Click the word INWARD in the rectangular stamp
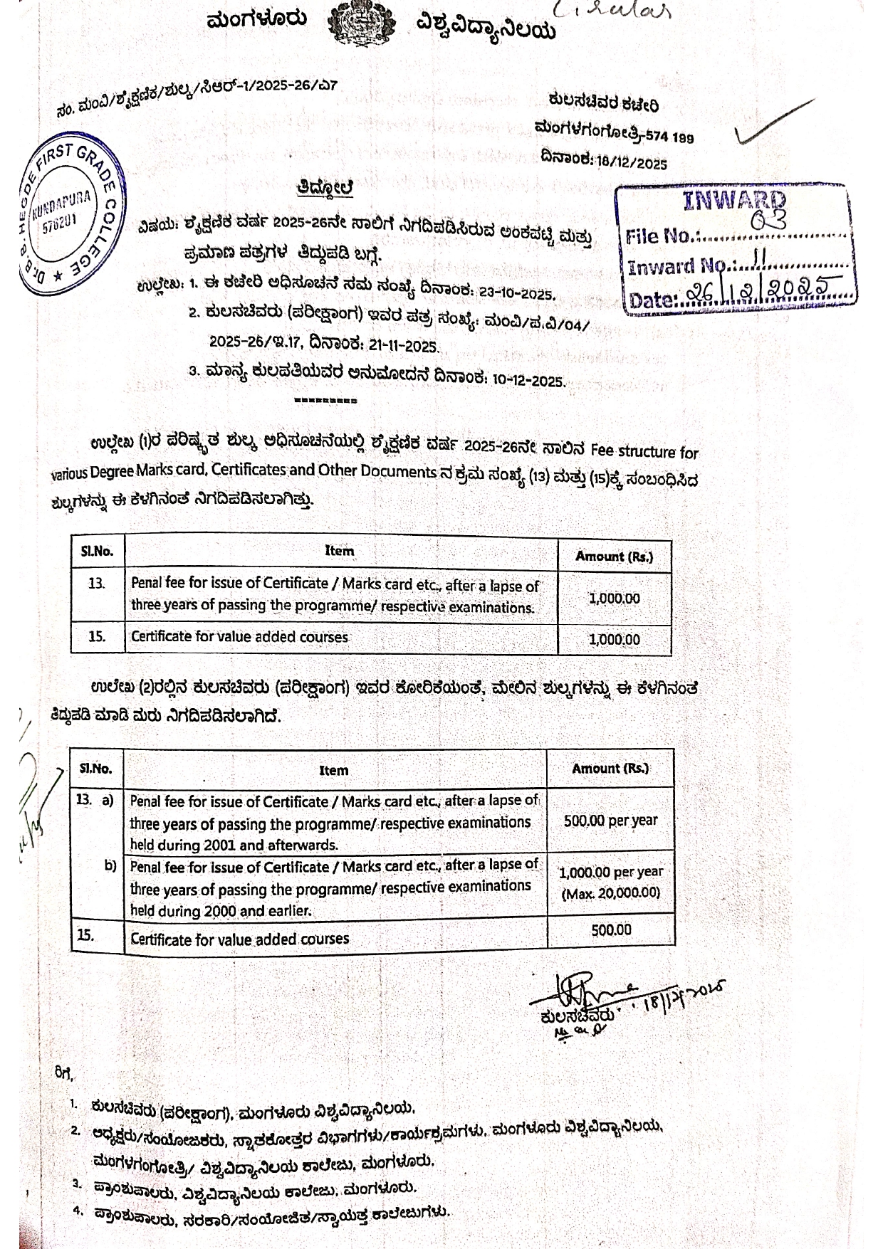click(734, 201)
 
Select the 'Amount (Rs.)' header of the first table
click(614, 556)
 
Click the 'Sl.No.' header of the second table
click(95, 768)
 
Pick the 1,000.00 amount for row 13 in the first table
click(614, 598)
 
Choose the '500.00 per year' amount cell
click(610, 820)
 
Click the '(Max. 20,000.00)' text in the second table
click(610, 893)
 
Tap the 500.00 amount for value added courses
click(611, 929)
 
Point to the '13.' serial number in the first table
click(96, 584)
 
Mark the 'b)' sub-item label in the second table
click(110, 865)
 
